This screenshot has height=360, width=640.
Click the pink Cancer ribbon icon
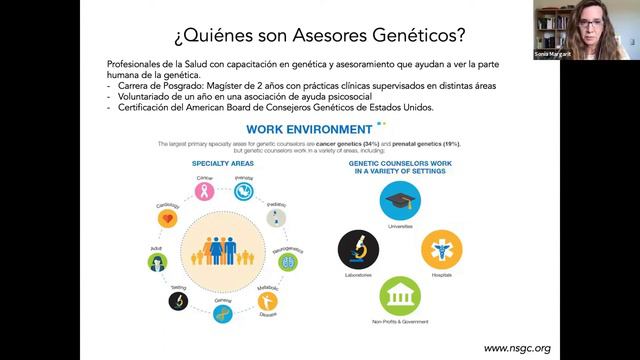click(x=205, y=190)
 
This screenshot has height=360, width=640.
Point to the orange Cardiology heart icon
click(x=168, y=217)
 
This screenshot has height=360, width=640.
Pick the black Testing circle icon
click(x=177, y=299)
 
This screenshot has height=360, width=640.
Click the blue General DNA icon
click(x=224, y=315)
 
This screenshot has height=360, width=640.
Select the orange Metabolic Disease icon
click(x=268, y=301)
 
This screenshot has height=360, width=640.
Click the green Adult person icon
click(x=156, y=262)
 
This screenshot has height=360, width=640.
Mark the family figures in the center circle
click(x=223, y=250)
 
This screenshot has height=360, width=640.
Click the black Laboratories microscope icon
click(x=358, y=249)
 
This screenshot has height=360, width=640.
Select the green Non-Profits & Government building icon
click(x=400, y=297)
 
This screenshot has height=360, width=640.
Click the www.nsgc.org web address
click(x=516, y=348)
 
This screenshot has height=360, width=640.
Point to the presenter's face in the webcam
click(x=585, y=24)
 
